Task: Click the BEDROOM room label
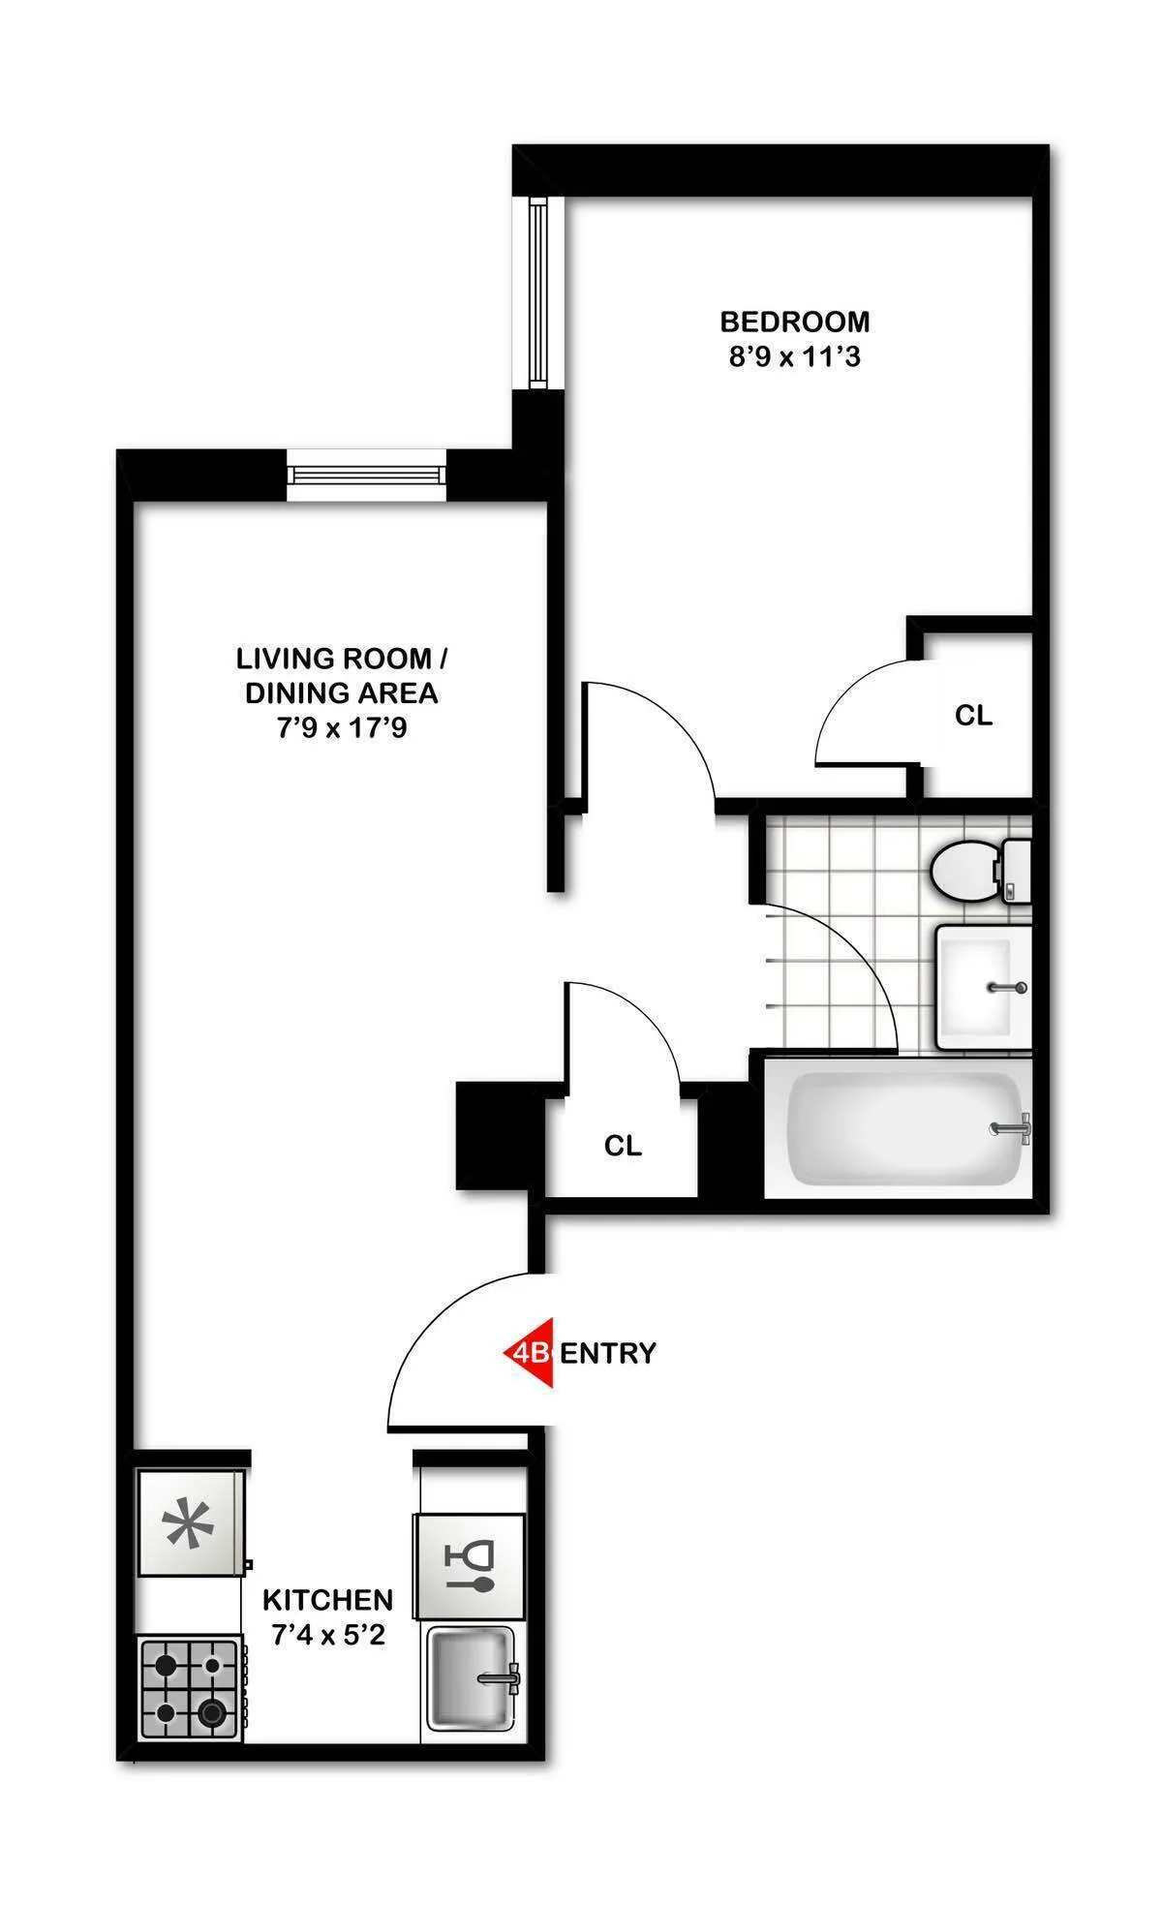coord(794,321)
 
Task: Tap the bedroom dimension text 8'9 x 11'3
coord(794,357)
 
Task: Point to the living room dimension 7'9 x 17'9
coord(342,728)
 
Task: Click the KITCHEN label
coord(328,1599)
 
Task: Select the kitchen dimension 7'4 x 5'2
coord(328,1636)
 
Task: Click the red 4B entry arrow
coord(531,1352)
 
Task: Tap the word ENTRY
coord(608,1353)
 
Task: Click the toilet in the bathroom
coord(973,871)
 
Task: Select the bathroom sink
coord(982,987)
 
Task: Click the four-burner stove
coord(190,1689)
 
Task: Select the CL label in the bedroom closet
coord(973,716)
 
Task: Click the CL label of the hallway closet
coord(623,1146)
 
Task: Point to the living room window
coord(367,475)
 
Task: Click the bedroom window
coord(538,292)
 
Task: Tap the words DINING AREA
coord(342,693)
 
